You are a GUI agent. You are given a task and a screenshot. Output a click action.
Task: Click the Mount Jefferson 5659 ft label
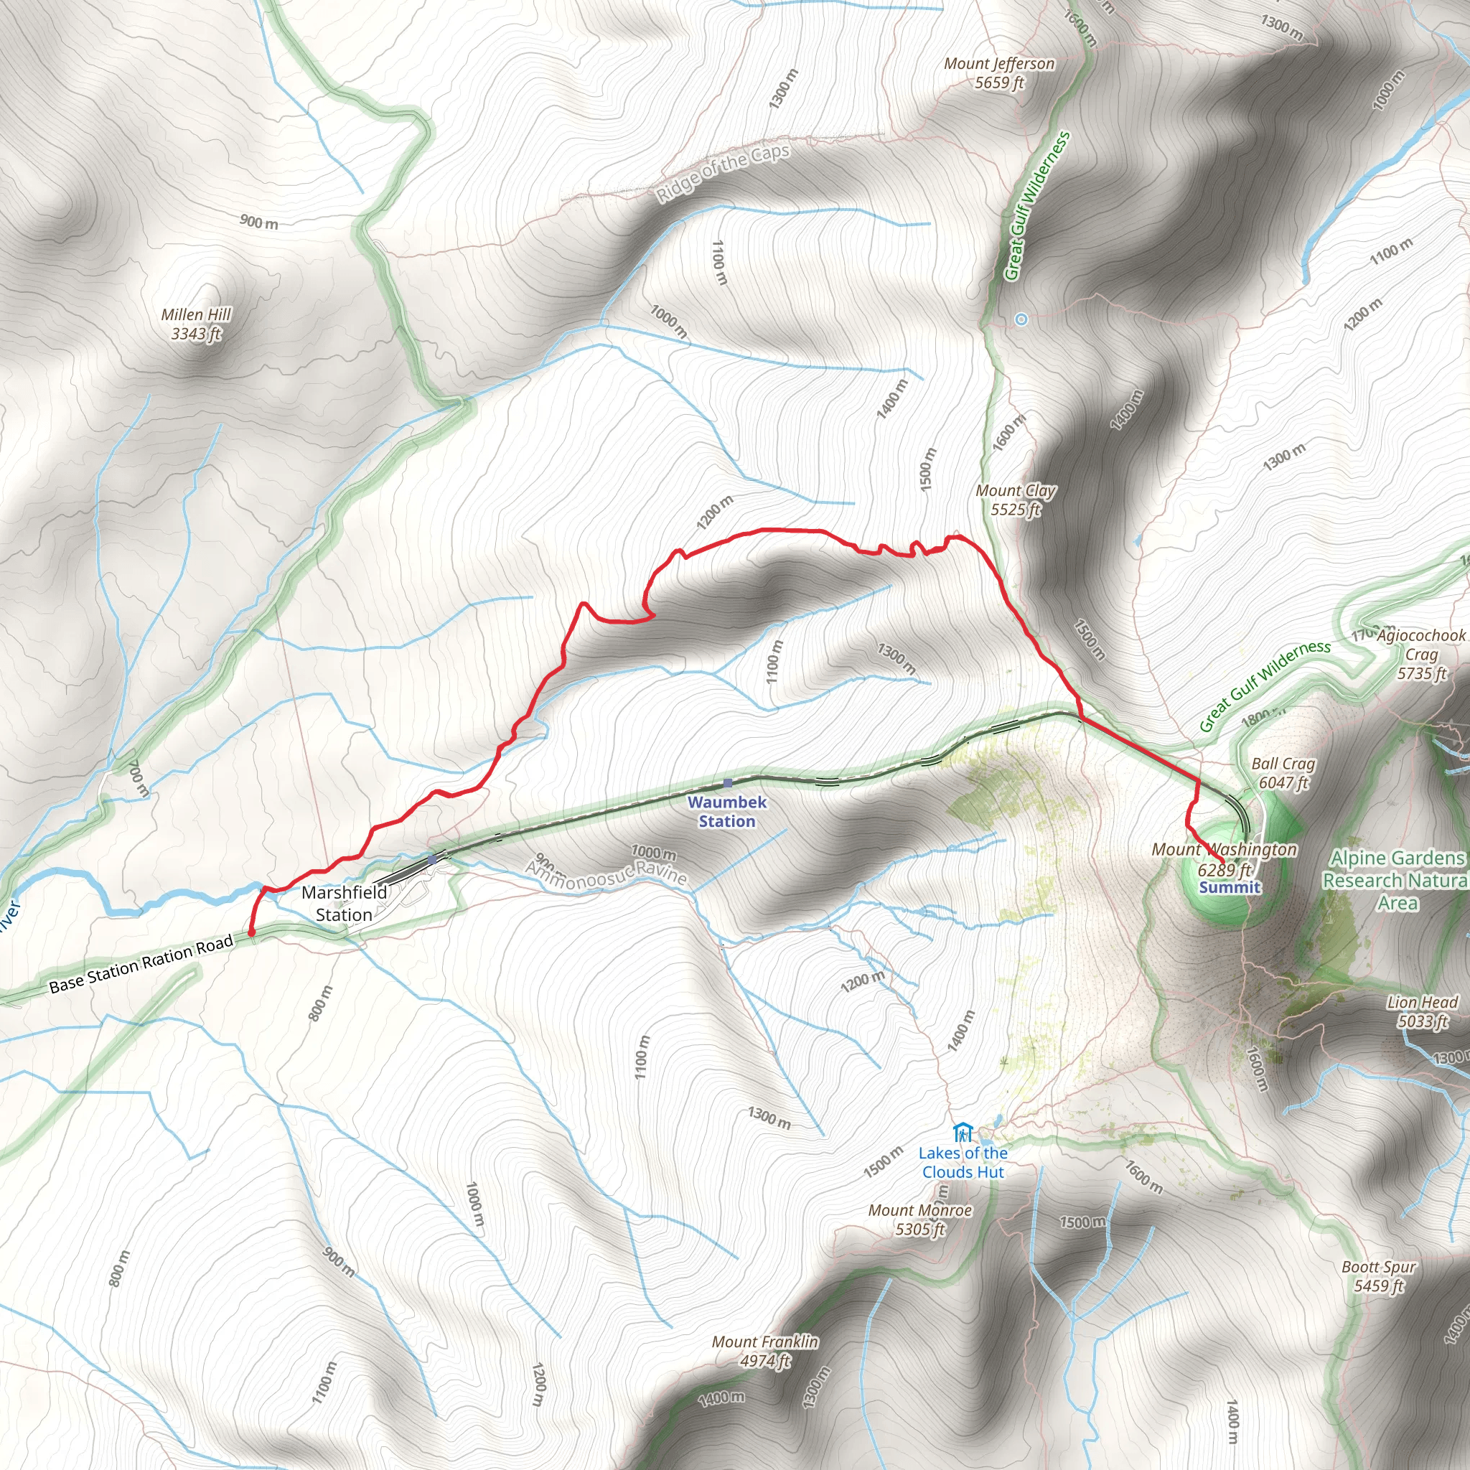coord(999,73)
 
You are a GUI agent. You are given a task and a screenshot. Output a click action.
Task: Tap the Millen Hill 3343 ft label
coord(195,324)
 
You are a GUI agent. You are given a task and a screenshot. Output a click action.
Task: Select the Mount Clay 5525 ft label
coord(1016,500)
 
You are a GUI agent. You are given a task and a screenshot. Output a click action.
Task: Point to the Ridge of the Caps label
coord(723,174)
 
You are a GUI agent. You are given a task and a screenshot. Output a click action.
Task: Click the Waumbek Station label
coord(726,811)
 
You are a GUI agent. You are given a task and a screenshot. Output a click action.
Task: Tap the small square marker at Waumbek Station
coord(727,782)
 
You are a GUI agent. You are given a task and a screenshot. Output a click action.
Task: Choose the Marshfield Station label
coord(344,903)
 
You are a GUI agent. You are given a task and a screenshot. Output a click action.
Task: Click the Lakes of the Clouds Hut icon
coord(962,1133)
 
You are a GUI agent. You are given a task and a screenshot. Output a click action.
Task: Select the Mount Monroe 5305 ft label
coord(920,1219)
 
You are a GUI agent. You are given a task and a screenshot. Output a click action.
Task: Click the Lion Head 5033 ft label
coord(1422,1011)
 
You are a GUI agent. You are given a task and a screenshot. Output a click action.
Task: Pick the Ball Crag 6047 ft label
coord(1283,773)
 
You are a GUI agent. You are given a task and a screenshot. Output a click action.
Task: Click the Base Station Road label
coord(141,964)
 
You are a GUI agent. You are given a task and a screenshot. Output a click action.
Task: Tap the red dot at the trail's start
coord(251,933)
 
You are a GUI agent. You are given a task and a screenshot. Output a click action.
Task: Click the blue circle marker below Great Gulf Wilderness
coord(1021,319)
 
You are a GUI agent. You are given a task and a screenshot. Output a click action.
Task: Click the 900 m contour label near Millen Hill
coord(258,223)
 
